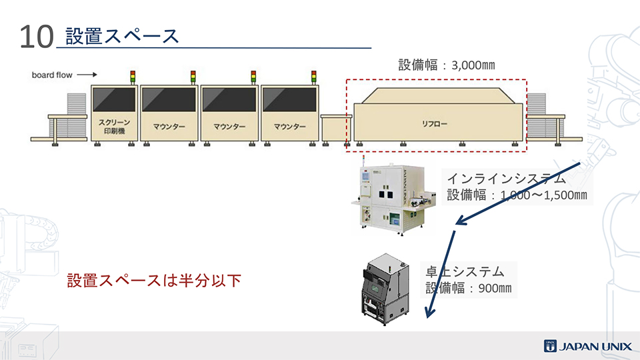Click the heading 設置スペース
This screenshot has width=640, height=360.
pyautogui.click(x=122, y=35)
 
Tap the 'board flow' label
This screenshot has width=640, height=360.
pyautogui.click(x=52, y=75)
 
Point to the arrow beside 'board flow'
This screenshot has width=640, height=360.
pyautogui.click(x=87, y=75)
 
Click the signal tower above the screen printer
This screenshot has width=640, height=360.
pyautogui.click(x=132, y=77)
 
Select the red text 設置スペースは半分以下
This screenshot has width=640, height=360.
pyautogui.click(x=153, y=281)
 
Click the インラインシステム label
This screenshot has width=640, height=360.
pyautogui.click(x=507, y=179)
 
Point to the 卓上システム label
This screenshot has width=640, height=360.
pyautogui.click(x=465, y=272)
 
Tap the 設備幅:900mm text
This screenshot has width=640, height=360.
pyautogui.click(x=469, y=289)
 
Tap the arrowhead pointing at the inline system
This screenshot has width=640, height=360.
pyautogui.click(x=458, y=222)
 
